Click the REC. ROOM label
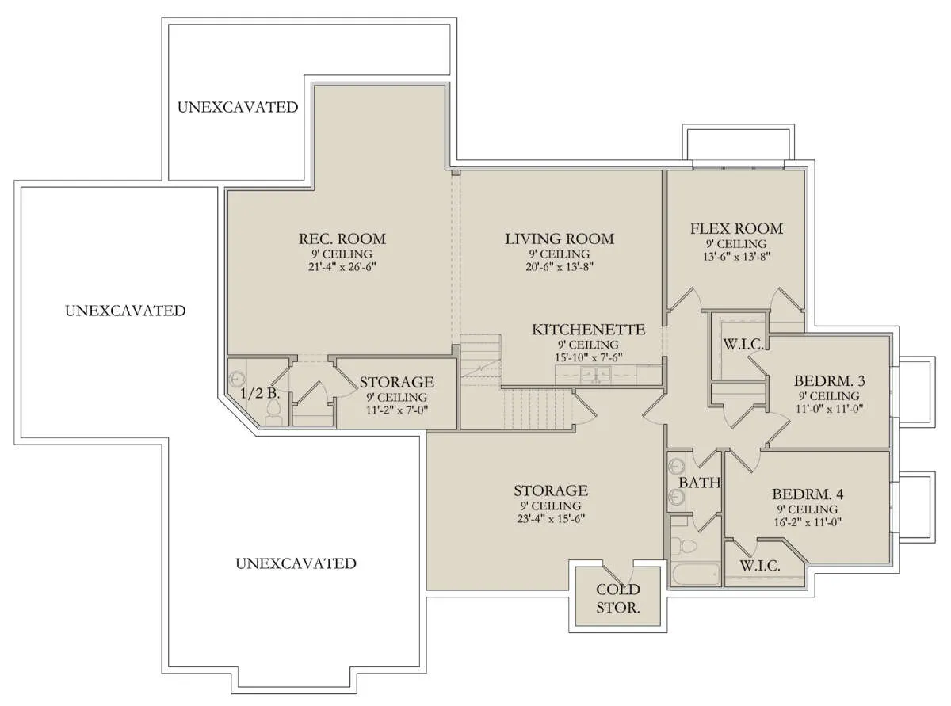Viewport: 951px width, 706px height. [x=342, y=239]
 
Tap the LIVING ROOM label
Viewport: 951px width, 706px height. [x=560, y=239]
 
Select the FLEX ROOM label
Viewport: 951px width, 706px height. [x=736, y=228]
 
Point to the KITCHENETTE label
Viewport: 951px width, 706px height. [x=588, y=330]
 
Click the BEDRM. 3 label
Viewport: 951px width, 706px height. [x=829, y=380]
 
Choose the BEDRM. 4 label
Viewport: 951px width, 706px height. [x=808, y=494]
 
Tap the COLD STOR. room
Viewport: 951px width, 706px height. [x=617, y=597]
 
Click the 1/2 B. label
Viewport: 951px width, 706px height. [x=260, y=393]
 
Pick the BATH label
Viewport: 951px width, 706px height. [x=699, y=483]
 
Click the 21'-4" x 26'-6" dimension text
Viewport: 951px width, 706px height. [x=342, y=267]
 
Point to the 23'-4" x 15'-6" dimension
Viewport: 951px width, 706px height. [x=551, y=519]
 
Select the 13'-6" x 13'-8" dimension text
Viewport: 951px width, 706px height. [x=736, y=257]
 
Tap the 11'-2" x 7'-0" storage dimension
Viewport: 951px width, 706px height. [x=396, y=410]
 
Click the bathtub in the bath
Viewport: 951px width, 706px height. [x=695, y=575]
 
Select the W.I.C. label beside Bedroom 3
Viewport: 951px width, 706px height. [x=743, y=344]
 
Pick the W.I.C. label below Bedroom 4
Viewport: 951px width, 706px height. [x=760, y=566]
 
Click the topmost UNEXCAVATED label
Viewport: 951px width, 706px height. [x=238, y=107]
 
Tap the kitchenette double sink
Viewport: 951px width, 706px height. [x=596, y=374]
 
